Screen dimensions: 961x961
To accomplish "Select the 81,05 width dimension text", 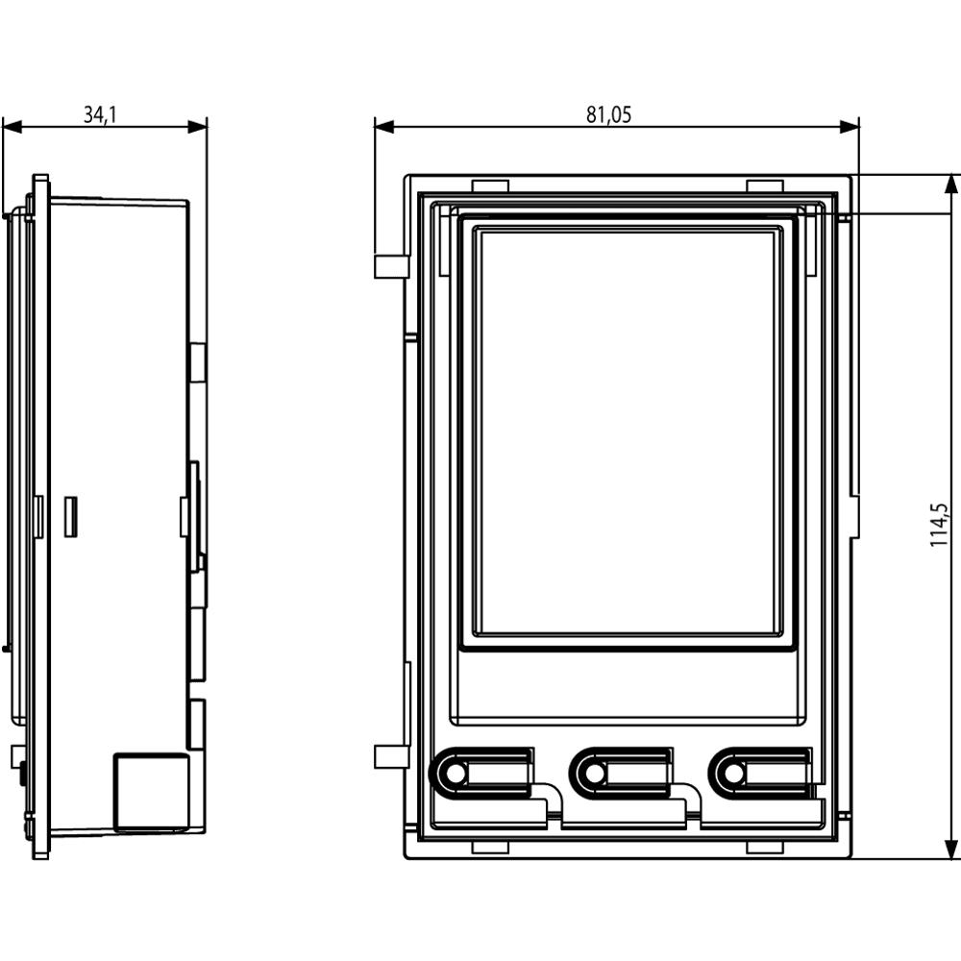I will [609, 115].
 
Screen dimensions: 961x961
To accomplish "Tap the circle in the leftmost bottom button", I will [455, 773].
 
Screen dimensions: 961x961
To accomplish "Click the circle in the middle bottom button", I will [594, 773].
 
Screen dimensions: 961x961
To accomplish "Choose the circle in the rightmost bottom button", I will [733, 773].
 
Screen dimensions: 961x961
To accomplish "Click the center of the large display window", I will [630, 432].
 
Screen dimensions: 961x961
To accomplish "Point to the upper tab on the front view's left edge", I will [390, 266].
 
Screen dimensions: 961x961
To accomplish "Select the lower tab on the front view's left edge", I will [390, 756].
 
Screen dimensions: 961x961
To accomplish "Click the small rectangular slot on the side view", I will [70, 516].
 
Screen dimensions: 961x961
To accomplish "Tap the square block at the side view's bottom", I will [151, 792].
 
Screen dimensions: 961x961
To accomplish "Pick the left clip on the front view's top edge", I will [490, 185].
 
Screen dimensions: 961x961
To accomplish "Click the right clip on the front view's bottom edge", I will [765, 847].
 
